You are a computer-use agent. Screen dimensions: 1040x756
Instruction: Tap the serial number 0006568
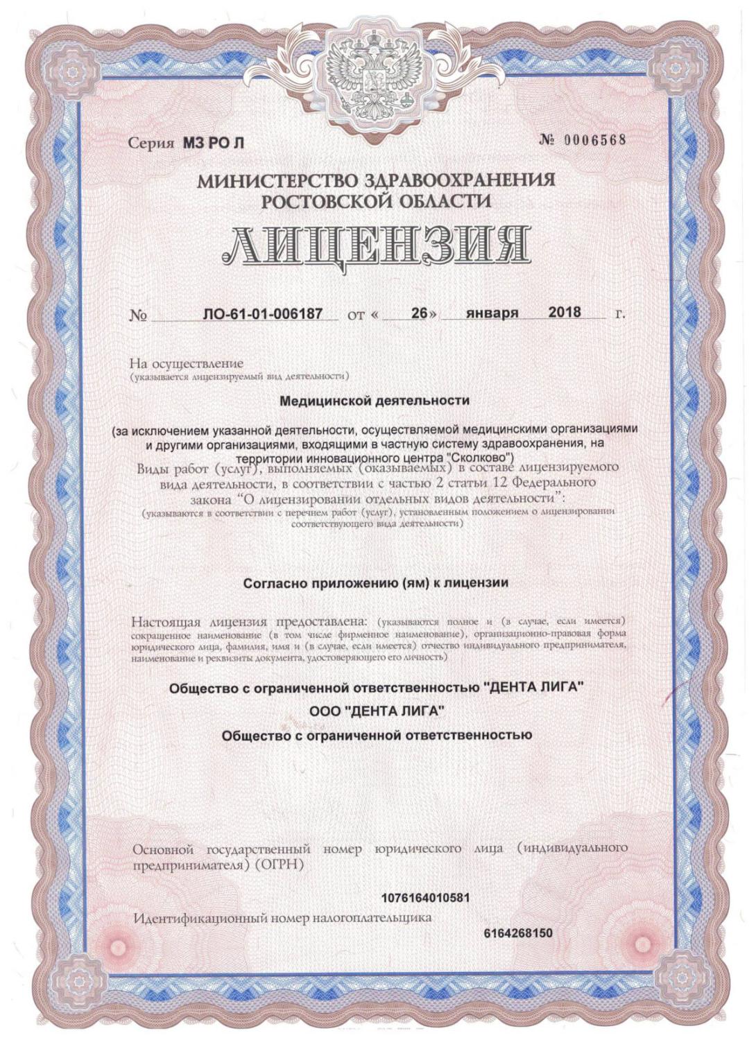tap(592, 139)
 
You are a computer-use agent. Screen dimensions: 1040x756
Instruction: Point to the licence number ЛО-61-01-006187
tap(263, 313)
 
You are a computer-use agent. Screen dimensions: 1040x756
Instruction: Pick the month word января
tap(492, 313)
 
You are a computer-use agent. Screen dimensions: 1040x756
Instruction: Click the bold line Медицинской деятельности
tap(374, 401)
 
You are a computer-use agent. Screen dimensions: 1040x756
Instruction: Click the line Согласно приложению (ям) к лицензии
tap(376, 583)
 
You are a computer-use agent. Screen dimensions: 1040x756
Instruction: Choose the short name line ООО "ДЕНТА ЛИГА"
tap(376, 711)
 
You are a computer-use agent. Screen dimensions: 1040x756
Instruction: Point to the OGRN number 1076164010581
tap(425, 898)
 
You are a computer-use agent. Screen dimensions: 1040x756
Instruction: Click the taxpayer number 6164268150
tap(518, 933)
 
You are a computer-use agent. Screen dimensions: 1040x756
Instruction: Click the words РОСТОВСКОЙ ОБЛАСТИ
tap(376, 202)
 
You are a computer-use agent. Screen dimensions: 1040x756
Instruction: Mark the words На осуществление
tap(187, 363)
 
